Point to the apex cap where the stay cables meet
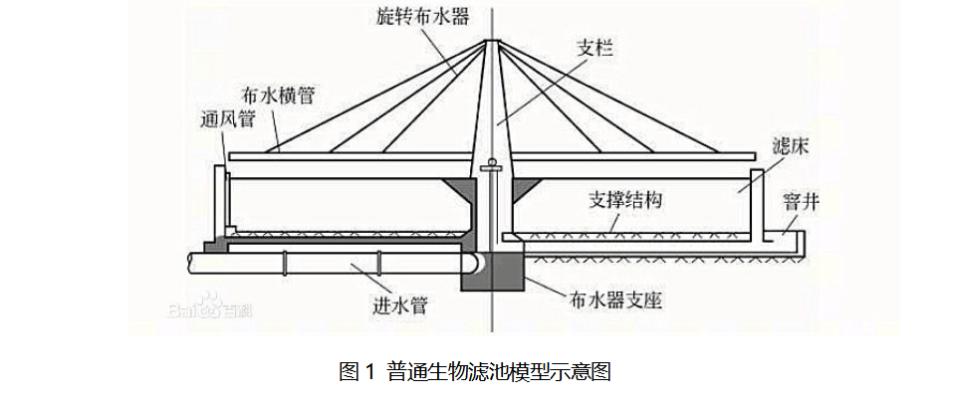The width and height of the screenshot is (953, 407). (492, 42)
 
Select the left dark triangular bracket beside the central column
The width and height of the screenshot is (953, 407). (464, 187)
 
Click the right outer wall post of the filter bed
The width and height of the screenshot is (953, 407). (756, 204)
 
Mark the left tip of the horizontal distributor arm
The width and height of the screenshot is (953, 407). (232, 157)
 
